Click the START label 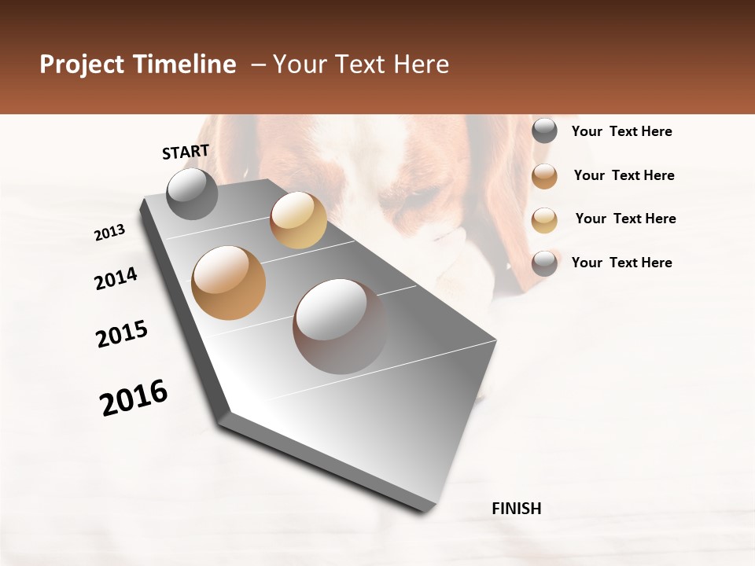(186, 152)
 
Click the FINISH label (516, 509)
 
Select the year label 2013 (110, 233)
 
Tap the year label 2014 (116, 278)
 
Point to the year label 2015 (122, 334)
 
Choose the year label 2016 (134, 398)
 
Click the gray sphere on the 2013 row (192, 193)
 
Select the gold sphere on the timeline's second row (298, 220)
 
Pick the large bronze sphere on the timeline (229, 283)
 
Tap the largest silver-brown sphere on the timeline (341, 325)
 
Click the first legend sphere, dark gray (544, 131)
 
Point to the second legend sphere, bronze (544, 176)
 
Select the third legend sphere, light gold (544, 219)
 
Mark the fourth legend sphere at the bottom (544, 263)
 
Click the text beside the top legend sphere (621, 132)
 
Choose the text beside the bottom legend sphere (621, 263)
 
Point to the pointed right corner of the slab (495, 340)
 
